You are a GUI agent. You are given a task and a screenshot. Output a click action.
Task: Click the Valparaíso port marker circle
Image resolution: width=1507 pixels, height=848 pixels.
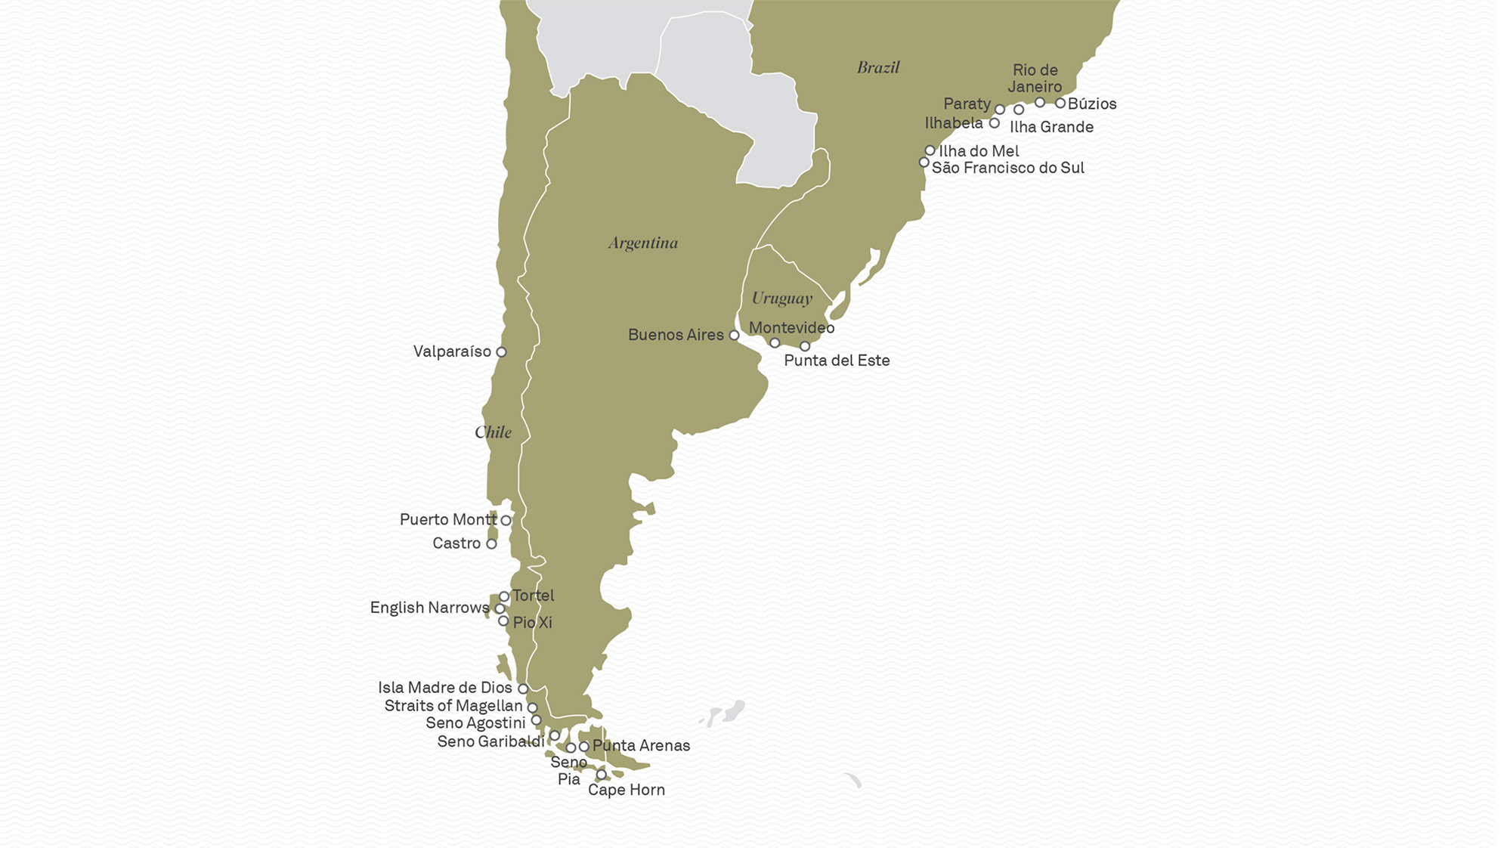click(501, 352)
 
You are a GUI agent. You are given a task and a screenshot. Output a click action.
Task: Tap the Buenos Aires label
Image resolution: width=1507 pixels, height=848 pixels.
click(675, 335)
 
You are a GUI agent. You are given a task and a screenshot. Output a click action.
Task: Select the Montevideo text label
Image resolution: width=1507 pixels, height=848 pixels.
click(791, 327)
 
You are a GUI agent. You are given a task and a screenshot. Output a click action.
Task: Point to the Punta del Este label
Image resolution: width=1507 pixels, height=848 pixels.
click(837, 361)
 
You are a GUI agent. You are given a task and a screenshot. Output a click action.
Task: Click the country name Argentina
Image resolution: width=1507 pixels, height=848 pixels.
click(643, 243)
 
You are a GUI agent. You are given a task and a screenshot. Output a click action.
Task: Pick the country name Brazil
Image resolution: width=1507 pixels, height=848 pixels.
click(878, 67)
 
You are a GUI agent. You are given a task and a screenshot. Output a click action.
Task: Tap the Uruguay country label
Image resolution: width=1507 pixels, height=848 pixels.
click(781, 298)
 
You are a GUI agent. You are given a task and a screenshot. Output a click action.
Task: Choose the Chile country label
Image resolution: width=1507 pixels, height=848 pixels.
click(493, 432)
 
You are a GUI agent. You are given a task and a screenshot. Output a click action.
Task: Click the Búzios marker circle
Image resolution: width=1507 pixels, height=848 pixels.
click(1060, 103)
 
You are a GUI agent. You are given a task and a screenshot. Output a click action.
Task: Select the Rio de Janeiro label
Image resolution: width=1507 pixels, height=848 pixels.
click(1035, 78)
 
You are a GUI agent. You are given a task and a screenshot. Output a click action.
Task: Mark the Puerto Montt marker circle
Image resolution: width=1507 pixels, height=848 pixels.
click(506, 521)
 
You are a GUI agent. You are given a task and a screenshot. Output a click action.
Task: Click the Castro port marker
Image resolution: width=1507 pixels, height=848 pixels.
click(491, 544)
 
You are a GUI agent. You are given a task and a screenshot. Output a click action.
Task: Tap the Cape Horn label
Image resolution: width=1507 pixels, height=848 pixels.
click(627, 790)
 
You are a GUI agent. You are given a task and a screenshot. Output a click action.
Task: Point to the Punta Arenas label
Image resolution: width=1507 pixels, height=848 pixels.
click(641, 745)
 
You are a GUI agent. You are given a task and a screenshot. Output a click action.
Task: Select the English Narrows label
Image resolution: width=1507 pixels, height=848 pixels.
click(429, 608)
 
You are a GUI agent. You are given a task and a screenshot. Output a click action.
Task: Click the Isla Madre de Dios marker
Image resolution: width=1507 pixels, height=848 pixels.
click(523, 689)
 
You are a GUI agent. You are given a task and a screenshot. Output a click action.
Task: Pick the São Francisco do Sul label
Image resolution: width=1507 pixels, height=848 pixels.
click(1007, 168)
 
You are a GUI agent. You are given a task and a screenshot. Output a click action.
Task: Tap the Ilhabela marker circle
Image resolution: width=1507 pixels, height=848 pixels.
click(995, 123)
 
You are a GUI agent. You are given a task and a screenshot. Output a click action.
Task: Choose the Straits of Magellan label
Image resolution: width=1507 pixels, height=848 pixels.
click(453, 706)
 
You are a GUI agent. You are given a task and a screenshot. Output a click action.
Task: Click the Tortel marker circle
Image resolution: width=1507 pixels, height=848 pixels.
click(504, 596)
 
